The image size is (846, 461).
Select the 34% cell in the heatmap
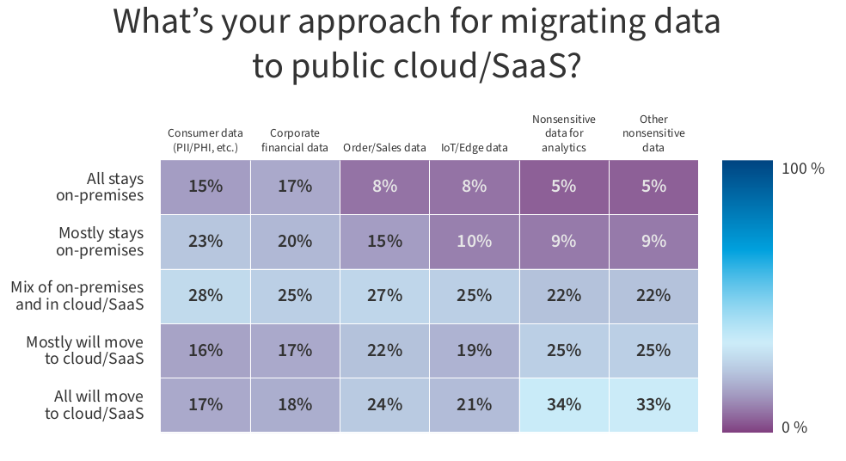point(564,404)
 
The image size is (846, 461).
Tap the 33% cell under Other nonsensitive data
point(653,404)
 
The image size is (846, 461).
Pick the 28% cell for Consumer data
point(205,296)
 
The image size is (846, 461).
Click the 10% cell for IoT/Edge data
point(475,242)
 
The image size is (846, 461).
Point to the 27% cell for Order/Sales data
point(384,296)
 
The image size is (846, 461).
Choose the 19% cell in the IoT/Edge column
point(475,350)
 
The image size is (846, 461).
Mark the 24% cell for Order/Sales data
point(384,404)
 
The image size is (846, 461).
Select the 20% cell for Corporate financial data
point(295,242)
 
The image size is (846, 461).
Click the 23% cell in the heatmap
point(205,242)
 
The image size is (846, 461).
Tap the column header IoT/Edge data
point(475,147)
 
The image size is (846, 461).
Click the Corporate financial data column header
point(295,140)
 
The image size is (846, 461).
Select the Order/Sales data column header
point(384,147)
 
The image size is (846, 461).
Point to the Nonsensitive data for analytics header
point(564,133)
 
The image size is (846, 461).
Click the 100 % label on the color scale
point(803,169)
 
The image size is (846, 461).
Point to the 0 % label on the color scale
point(794,427)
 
